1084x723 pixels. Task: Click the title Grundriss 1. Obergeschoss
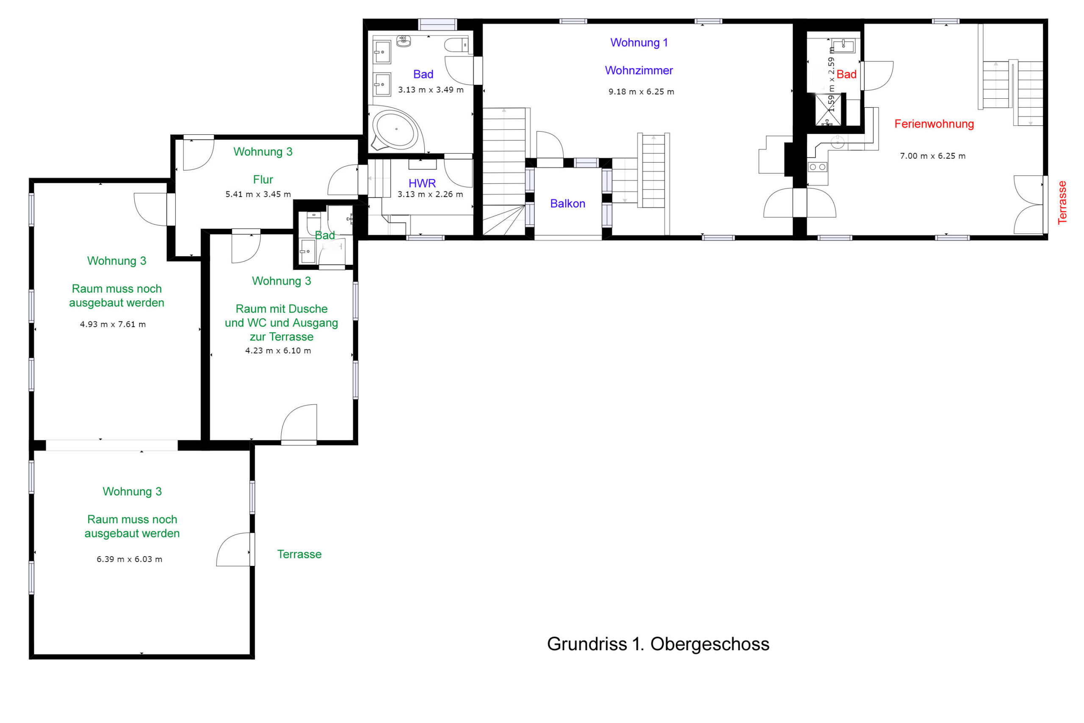(658, 644)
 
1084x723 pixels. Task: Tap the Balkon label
(568, 203)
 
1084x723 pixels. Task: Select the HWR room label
(422, 183)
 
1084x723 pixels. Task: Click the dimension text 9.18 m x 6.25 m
(641, 92)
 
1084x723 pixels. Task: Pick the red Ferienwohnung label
(934, 124)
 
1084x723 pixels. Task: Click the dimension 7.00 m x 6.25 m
(933, 156)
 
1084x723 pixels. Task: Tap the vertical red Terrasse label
(1062, 202)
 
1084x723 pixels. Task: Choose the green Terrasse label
(299, 554)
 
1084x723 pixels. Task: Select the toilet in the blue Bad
(456, 46)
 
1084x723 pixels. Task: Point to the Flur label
(263, 179)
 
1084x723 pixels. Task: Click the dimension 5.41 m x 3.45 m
(258, 194)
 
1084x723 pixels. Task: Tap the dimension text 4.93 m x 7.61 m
(113, 324)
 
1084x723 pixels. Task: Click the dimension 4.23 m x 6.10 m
(278, 350)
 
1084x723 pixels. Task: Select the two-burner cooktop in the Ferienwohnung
(818, 167)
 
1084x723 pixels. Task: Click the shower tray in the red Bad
(828, 110)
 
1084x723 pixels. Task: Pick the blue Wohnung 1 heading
(639, 42)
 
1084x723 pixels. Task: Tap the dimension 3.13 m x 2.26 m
(431, 194)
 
